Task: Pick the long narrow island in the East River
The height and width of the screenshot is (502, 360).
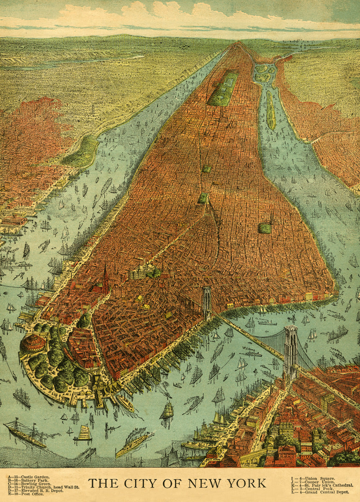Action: [x=271, y=110]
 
